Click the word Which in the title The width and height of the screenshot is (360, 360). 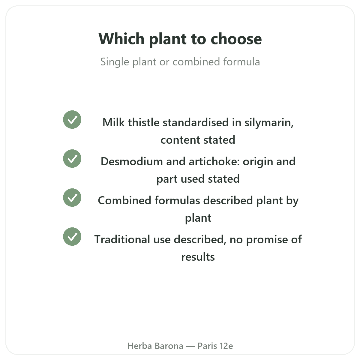point(121,39)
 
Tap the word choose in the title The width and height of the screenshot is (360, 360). point(236,39)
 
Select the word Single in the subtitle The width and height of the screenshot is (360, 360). point(115,62)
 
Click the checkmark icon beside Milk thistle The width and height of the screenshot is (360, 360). point(72,120)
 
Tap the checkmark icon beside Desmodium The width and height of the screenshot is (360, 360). point(72,159)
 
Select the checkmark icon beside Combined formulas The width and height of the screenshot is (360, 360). point(72,198)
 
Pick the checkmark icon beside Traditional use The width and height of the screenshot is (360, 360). point(72,237)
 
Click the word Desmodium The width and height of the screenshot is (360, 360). point(132,161)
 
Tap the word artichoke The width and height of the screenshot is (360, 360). point(214,161)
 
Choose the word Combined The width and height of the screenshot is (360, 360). point(124,200)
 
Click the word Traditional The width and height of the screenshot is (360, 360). point(122,239)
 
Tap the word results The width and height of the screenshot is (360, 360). point(198,257)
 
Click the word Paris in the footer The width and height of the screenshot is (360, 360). point(207,346)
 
